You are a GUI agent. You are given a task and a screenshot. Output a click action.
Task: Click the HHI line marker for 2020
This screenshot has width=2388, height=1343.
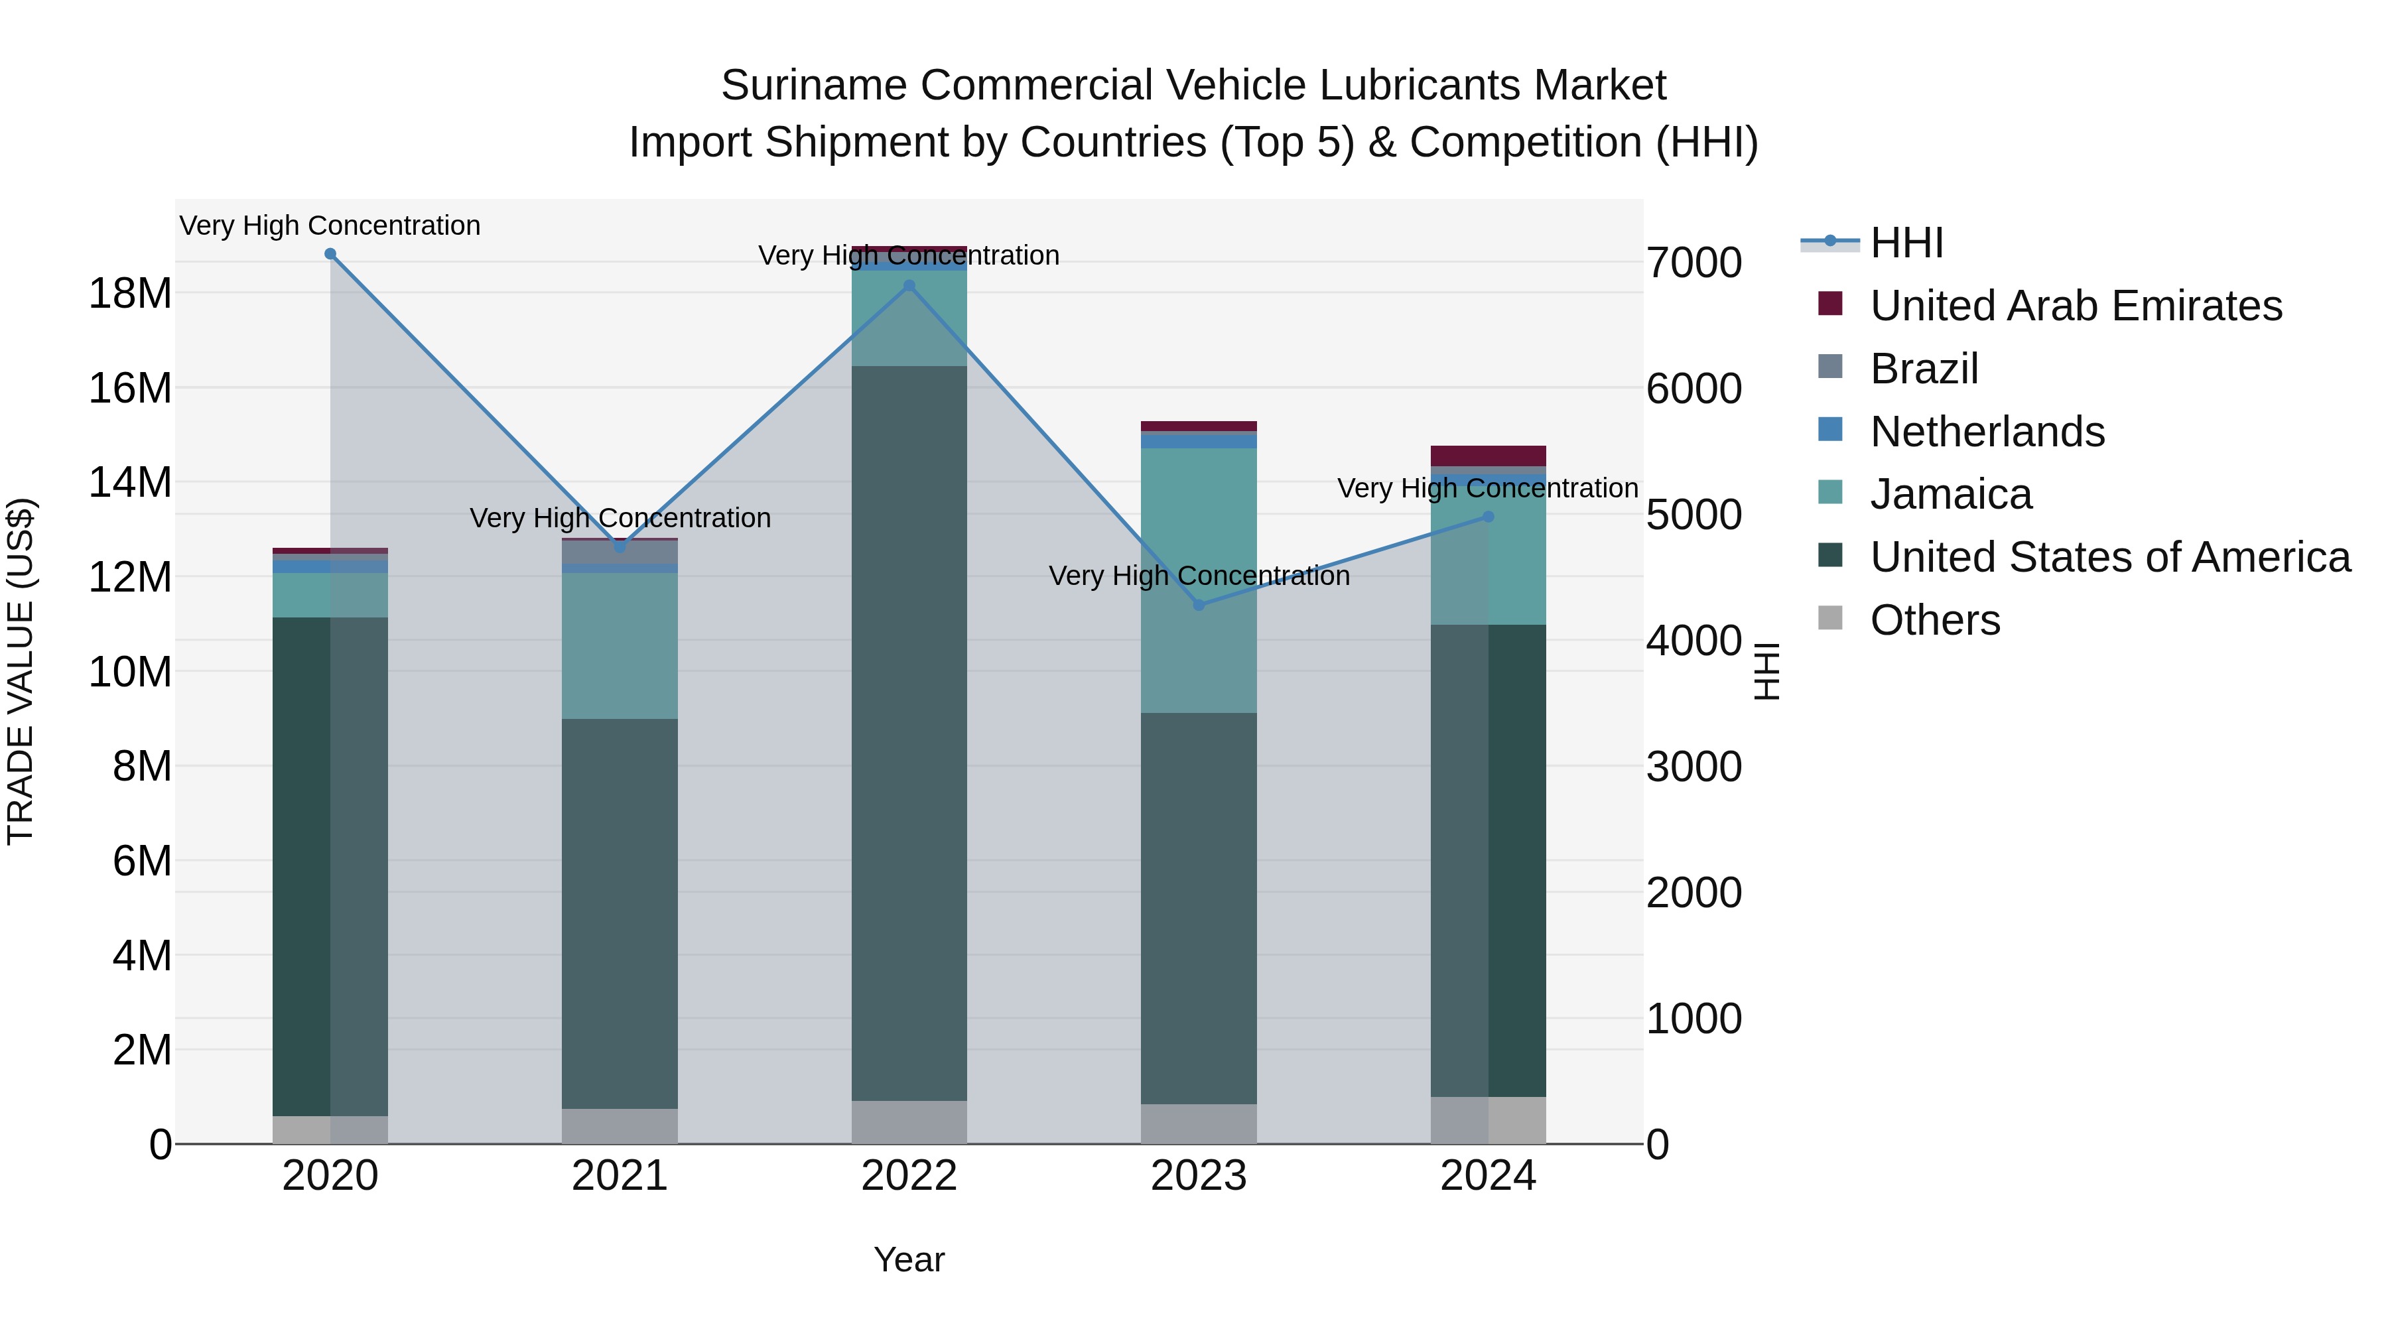point(330,254)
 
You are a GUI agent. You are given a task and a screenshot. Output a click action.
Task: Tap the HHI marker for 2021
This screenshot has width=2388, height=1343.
point(620,547)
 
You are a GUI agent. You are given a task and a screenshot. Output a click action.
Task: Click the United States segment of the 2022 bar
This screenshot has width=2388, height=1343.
point(909,732)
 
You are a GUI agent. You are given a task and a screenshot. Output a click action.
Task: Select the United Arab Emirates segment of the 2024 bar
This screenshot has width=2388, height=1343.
point(1488,456)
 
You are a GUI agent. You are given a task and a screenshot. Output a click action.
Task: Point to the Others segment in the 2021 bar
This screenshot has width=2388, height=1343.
point(620,1126)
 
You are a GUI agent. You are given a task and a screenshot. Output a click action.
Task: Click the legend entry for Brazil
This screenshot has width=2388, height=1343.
point(1924,369)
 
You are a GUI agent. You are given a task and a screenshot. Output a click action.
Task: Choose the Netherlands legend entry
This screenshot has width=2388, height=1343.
point(1987,432)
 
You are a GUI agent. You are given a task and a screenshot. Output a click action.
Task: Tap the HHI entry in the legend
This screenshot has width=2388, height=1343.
point(1905,243)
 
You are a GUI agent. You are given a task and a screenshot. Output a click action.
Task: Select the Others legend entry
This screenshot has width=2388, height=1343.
point(1935,620)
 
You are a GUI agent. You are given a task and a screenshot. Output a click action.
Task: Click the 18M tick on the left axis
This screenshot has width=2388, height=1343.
point(130,294)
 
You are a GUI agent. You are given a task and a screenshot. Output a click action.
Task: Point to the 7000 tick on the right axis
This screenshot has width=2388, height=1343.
point(1693,263)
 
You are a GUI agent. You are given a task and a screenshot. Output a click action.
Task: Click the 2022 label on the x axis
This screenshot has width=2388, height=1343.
point(909,1176)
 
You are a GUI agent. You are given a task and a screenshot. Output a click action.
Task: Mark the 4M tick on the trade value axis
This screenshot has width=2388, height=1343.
point(142,956)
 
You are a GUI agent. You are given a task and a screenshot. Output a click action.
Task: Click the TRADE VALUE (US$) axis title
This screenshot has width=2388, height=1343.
point(21,671)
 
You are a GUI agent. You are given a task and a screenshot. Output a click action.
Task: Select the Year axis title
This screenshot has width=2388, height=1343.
point(909,1259)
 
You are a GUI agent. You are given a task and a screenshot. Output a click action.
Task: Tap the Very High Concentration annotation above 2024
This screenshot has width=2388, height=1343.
point(1487,487)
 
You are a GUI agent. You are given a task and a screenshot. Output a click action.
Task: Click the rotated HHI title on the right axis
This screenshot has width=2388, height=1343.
point(1767,671)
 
